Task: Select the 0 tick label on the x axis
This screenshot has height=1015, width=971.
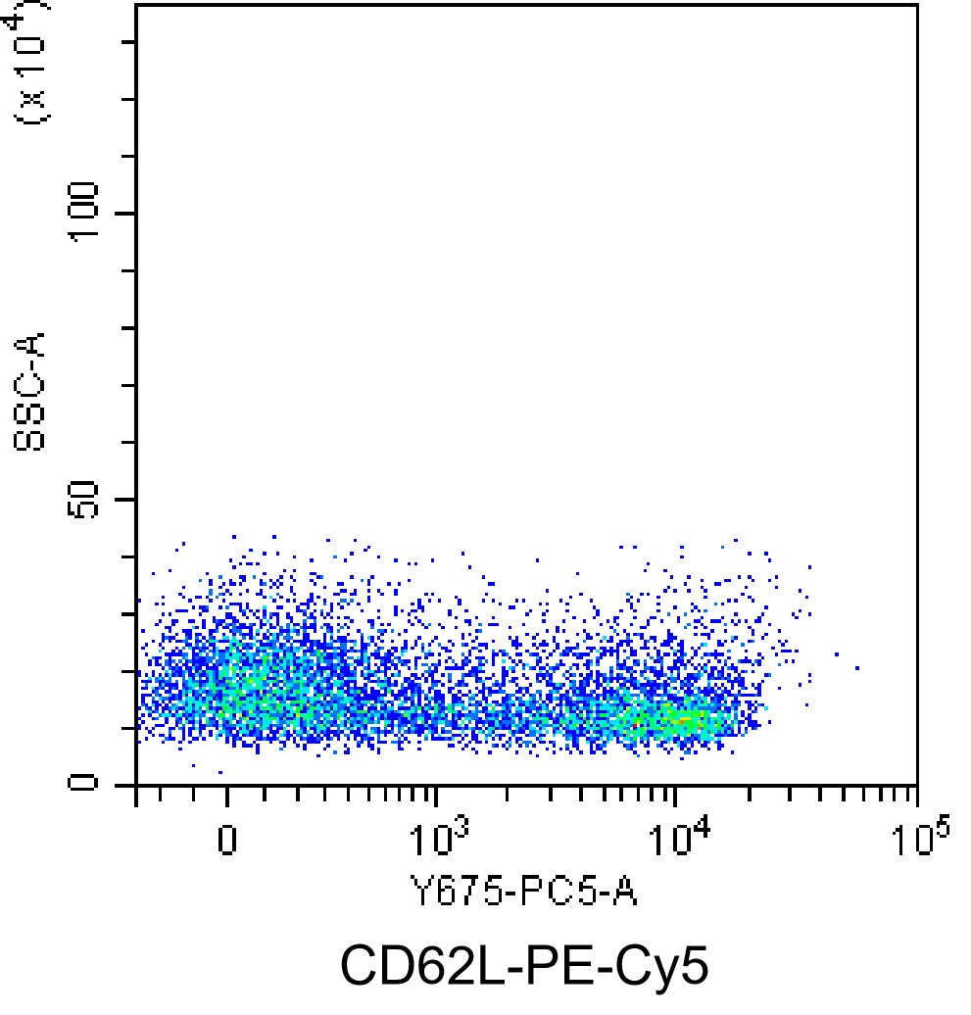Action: pos(226,841)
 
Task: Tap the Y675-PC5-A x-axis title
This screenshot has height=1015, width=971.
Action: pos(522,893)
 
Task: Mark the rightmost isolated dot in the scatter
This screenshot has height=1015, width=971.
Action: pos(857,668)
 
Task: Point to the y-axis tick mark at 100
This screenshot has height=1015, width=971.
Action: pos(128,214)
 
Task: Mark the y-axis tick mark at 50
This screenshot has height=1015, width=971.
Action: pos(128,500)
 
